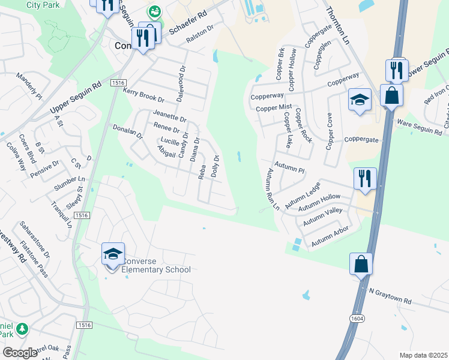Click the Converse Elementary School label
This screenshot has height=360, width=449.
point(155,265)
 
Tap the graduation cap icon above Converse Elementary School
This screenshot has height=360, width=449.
point(113,254)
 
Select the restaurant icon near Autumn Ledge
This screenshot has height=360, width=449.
point(364,179)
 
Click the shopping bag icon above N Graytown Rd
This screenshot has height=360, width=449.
point(361,264)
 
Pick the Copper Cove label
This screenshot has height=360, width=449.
point(329,131)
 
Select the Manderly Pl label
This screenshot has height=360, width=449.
point(29,87)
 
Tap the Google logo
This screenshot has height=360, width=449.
point(20,352)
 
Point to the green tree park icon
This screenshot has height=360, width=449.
point(22,329)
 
